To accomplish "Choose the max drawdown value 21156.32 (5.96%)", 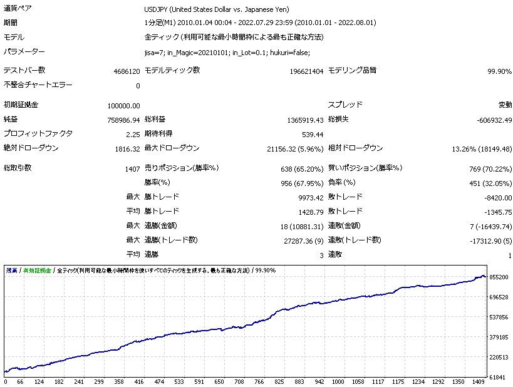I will tap(295, 149).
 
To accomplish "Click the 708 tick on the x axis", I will tap(238, 381).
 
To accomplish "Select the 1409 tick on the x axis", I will tap(478, 381).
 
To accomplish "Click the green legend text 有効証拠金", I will tap(37, 271).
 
